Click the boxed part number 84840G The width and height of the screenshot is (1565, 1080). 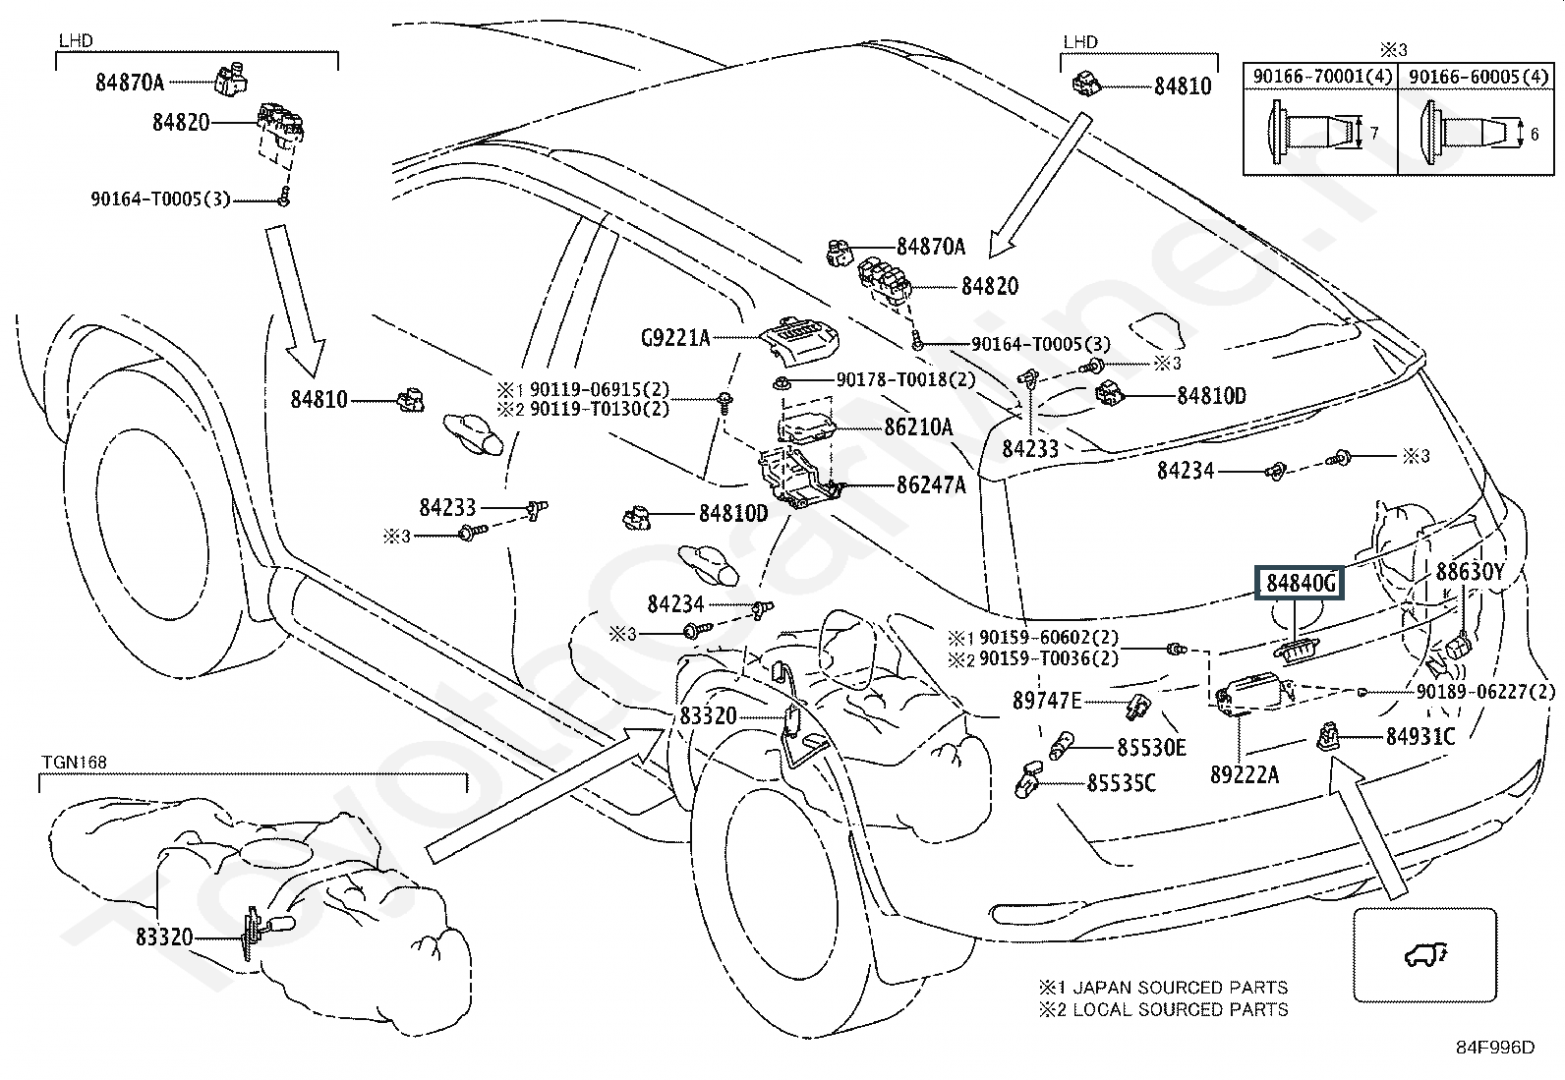coord(1301,583)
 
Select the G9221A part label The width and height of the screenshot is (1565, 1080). coord(674,338)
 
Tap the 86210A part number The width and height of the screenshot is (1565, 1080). coord(918,427)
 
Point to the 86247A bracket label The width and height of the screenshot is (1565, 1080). coord(930,484)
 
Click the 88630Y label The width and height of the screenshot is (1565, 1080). coord(1470,572)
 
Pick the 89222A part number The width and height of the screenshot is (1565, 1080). coord(1244,774)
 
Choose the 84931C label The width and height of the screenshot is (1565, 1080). coord(1420,735)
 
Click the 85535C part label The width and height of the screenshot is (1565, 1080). coord(1121,783)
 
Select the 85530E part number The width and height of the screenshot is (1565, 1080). coord(1151,748)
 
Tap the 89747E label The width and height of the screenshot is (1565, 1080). coord(1047,701)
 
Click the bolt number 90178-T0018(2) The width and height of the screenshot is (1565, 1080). coord(905,379)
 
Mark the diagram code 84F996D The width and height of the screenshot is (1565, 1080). coord(1495,1048)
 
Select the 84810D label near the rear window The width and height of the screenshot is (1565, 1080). coord(1211,396)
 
